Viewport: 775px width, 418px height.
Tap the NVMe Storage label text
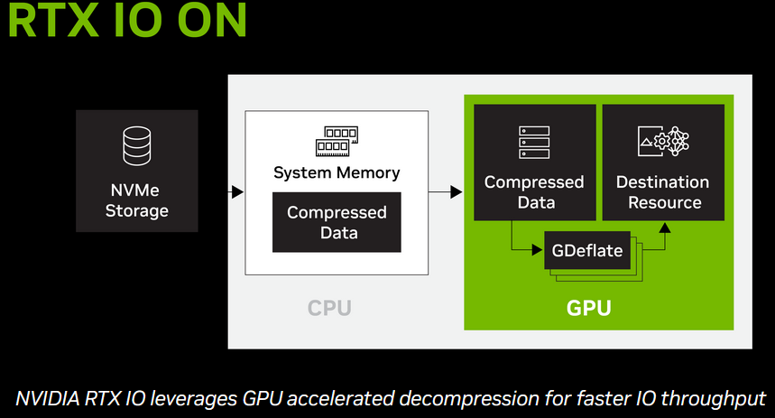click(136, 200)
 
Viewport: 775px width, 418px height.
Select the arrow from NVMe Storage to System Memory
click(237, 191)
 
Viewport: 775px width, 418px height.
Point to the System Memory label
click(337, 172)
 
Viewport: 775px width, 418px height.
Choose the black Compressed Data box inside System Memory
click(337, 223)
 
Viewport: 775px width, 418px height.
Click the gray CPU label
click(329, 309)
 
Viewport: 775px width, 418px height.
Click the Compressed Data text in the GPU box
click(534, 191)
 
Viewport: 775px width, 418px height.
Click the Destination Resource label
click(663, 191)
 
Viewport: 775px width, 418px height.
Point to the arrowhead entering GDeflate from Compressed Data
click(539, 250)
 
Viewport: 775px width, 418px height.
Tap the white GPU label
click(589, 309)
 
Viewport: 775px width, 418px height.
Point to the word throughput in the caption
click(715, 398)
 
